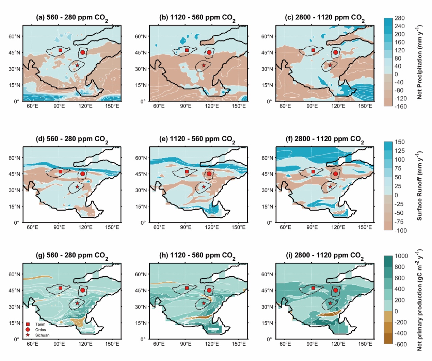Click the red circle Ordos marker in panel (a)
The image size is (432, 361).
pyautogui.click(x=82, y=52)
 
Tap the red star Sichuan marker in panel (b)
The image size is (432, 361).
pyautogui.click(x=204, y=65)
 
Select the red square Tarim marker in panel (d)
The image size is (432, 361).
pyautogui.click(x=61, y=171)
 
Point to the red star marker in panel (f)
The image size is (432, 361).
pyautogui.click(x=330, y=187)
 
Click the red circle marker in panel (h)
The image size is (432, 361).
pyautogui.click(x=209, y=290)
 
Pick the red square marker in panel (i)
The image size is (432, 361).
pyautogui.click(x=314, y=288)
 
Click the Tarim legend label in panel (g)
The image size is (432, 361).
pyautogui.click(x=40, y=324)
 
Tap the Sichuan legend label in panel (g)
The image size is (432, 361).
pyautogui.click(x=42, y=335)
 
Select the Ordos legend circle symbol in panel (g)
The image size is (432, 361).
pyautogui.click(x=28, y=330)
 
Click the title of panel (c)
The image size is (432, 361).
pyautogui.click(x=324, y=18)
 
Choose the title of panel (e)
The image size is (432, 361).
pyautogui.click(x=197, y=140)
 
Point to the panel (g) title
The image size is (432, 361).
pyautogui.click(x=72, y=256)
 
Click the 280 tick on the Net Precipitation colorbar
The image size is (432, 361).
pyautogui.click(x=400, y=18)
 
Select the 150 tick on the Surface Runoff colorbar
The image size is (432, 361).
pyautogui.click(x=400, y=142)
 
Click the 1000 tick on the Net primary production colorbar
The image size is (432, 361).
pyautogui.click(x=401, y=256)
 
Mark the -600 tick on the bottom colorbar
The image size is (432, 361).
pyautogui.click(x=400, y=344)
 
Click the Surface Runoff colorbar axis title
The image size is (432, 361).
pyautogui.click(x=419, y=186)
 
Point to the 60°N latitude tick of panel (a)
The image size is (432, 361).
pyautogui.click(x=14, y=36)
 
